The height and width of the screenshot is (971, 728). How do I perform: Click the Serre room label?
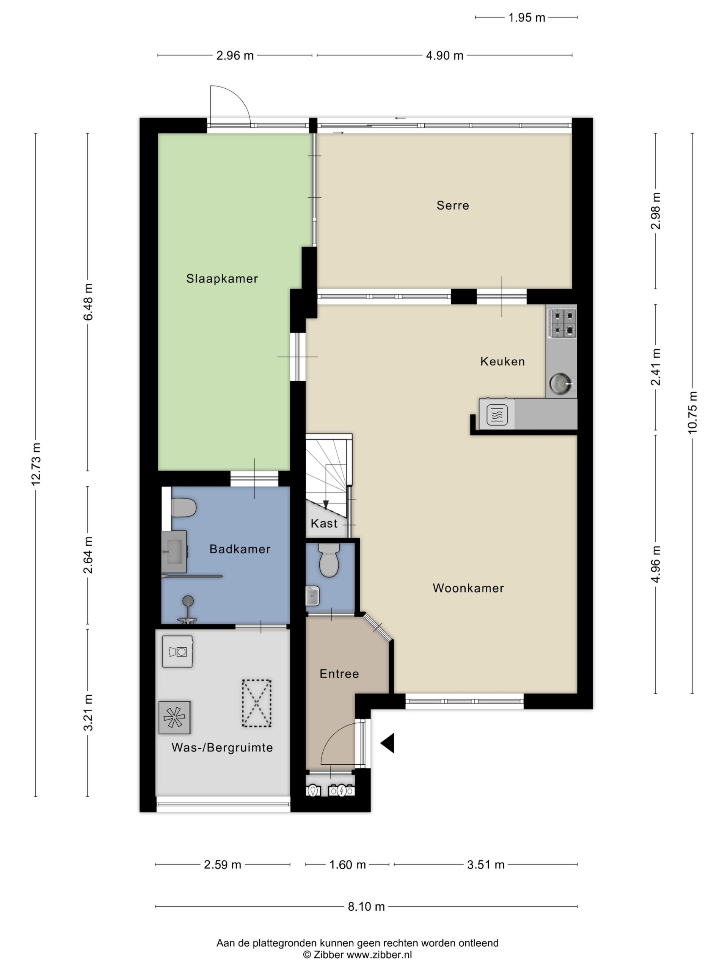452,206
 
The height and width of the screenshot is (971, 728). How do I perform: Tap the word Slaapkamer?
222,278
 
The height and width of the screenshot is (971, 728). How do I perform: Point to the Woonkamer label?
468,588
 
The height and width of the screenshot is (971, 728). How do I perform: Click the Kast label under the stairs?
324,523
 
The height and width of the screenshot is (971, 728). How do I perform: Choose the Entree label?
339,674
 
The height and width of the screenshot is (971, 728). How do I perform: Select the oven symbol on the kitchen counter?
497,413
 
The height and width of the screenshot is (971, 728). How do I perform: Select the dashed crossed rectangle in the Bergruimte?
257,703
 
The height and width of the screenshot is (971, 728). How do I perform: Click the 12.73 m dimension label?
36,464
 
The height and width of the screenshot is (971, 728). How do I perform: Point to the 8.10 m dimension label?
366,907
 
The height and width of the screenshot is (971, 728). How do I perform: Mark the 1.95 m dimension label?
527,17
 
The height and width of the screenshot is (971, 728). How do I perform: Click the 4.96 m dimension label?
656,564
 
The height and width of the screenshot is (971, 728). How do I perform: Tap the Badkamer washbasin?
174,552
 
